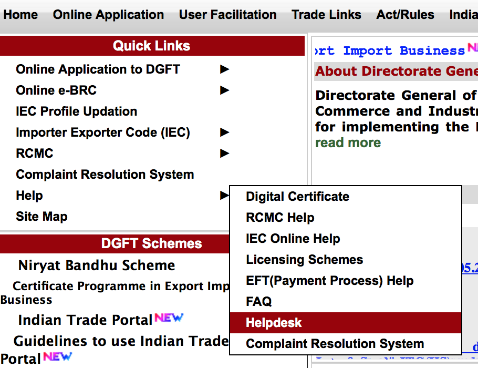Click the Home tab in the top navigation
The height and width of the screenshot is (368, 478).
(20, 15)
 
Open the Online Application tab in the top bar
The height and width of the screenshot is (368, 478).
(108, 15)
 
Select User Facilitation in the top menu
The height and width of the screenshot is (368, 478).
(227, 15)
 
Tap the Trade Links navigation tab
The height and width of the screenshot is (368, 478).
(326, 15)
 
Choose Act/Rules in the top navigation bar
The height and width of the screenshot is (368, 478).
(405, 15)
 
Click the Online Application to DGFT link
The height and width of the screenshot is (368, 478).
(98, 69)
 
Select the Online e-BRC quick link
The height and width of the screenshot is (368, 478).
(56, 90)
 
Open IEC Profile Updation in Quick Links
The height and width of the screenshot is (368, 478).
(77, 111)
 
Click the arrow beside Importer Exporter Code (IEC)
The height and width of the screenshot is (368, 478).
(225, 132)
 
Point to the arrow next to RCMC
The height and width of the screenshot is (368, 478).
(225, 154)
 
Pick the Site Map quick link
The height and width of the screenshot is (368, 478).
(41, 217)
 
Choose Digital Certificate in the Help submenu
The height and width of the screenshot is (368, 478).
(297, 197)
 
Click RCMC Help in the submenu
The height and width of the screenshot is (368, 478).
(280, 218)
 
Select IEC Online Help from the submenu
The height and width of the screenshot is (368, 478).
(293, 239)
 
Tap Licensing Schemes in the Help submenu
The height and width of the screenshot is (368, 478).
(304, 260)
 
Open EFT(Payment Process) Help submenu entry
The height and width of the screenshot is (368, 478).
(329, 281)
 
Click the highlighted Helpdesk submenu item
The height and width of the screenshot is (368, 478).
(274, 323)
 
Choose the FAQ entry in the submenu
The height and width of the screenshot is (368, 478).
(259, 302)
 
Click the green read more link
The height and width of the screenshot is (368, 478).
(348, 143)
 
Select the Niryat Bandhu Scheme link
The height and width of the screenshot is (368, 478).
(97, 265)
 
